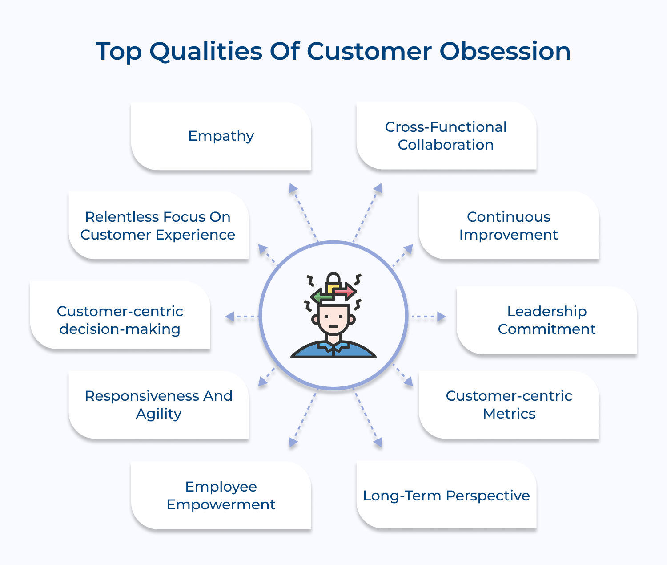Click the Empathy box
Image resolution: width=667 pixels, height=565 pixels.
(221, 136)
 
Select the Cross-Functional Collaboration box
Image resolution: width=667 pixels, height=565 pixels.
(446, 136)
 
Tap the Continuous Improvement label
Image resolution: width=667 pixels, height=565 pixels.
(509, 226)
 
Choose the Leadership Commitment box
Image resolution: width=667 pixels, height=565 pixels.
(546, 320)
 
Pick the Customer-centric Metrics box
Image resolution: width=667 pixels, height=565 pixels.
(509, 405)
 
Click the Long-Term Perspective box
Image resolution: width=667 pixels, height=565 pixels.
(446, 495)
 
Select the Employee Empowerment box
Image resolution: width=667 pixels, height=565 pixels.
(221, 495)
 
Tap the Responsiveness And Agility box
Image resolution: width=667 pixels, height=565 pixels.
(159, 405)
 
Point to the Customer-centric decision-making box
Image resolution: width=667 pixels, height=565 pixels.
(120, 320)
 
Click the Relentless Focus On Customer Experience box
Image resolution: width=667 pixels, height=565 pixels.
(158, 226)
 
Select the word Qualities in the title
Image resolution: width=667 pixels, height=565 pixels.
(205, 51)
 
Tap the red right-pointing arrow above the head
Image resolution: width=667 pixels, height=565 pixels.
(346, 292)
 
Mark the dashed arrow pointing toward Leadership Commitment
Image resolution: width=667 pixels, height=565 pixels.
(428, 317)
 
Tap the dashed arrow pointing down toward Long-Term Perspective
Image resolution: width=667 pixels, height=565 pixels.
(367, 419)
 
